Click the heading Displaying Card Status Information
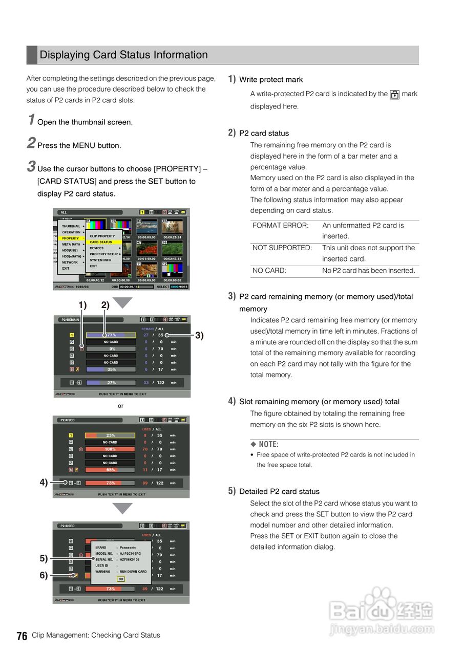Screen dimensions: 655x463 click(123, 55)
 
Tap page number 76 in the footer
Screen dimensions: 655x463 click(22, 636)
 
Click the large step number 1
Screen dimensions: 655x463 click(31, 120)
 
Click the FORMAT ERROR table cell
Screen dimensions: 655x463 click(281, 226)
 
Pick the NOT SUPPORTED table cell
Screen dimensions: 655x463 click(282, 248)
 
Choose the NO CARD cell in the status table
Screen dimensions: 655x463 click(269, 271)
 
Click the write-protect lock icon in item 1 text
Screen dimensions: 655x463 click(394, 95)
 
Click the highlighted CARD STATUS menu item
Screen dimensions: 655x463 click(101, 242)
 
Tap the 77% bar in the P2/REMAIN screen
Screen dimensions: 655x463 click(111, 335)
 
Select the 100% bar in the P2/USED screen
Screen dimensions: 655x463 click(110, 449)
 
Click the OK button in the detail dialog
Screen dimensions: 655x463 click(121, 579)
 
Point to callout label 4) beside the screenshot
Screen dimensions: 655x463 click(44, 482)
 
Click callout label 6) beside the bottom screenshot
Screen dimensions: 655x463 click(44, 575)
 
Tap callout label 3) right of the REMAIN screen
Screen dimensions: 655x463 click(199, 336)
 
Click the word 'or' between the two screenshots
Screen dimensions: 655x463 click(120, 406)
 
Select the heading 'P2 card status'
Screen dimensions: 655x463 click(264, 134)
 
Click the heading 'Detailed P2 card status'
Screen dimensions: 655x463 click(279, 492)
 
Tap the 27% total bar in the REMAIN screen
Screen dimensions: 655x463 click(111, 383)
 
